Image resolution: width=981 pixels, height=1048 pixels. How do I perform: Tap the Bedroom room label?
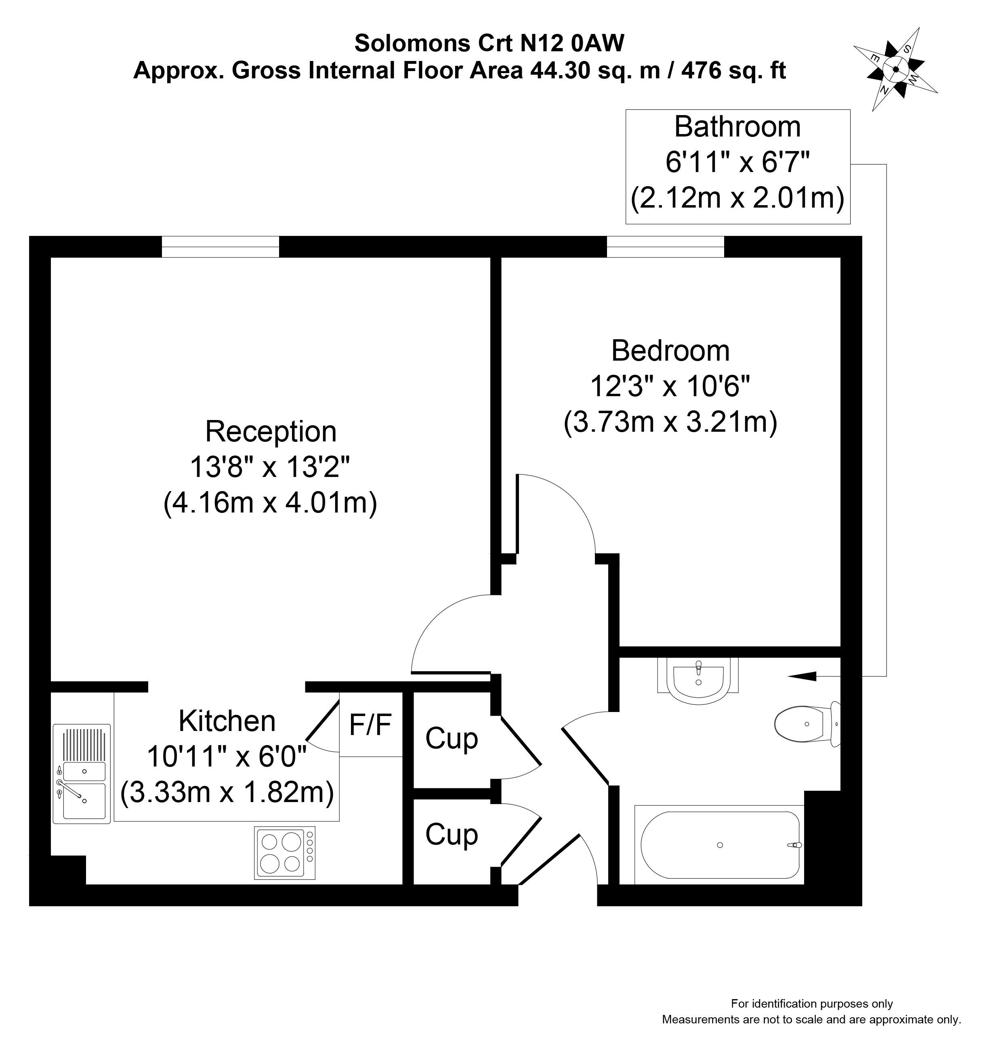pyautogui.click(x=670, y=351)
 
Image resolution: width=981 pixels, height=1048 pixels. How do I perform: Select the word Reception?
pyautogui.click(x=271, y=431)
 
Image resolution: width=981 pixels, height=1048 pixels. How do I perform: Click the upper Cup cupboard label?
pyautogui.click(x=451, y=739)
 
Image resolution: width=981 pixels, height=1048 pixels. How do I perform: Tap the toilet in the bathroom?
pyautogui.click(x=805, y=725)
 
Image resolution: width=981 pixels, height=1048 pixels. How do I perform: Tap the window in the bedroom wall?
pyautogui.click(x=665, y=247)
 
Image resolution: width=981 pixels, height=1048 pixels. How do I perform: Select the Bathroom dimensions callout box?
pyautogui.click(x=737, y=166)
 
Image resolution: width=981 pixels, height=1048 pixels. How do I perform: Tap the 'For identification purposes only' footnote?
pyautogui.click(x=811, y=1004)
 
